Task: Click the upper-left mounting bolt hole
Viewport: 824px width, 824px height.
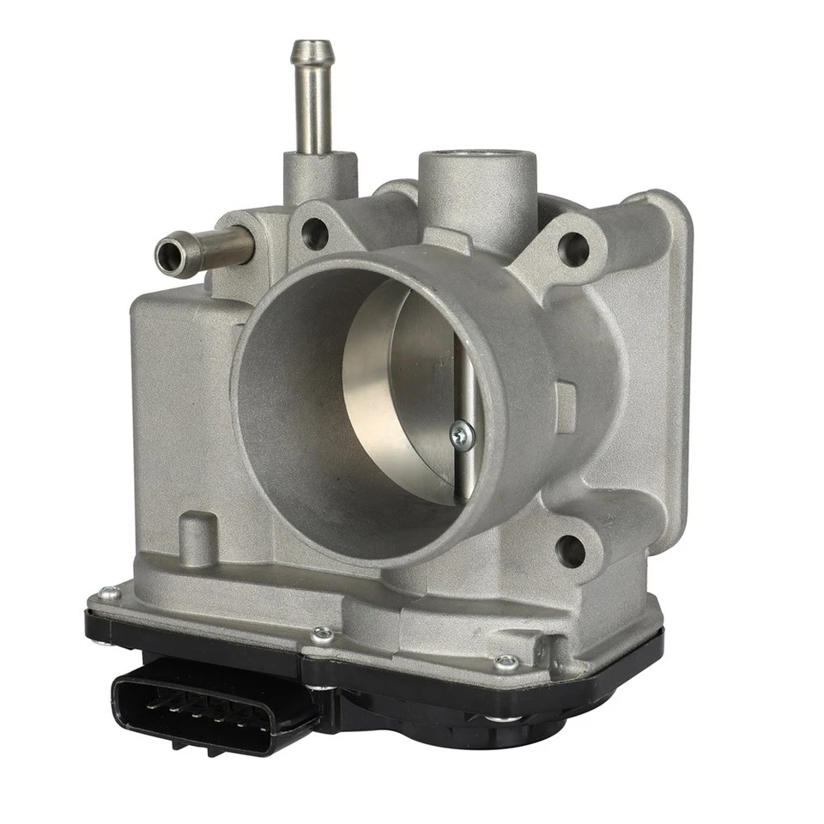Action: coord(314,233)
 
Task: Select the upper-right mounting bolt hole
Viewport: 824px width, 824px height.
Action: coord(573,249)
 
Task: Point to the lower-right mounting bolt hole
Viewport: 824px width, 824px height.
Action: coord(570,550)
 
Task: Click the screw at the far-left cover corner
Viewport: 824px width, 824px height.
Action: coord(108,593)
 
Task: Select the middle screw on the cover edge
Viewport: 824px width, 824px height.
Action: coord(323,635)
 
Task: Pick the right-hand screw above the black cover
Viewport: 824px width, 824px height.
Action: coord(506,662)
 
